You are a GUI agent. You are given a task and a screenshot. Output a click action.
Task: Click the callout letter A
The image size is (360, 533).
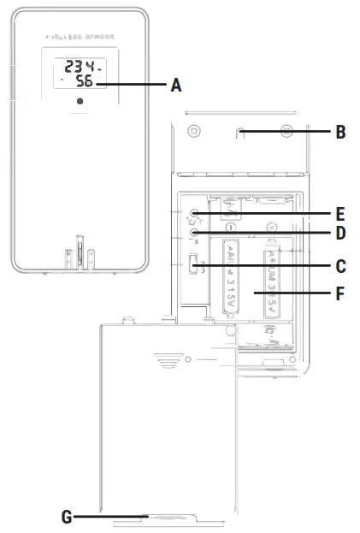point(176,85)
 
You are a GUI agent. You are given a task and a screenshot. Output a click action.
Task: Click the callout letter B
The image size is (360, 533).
point(340,133)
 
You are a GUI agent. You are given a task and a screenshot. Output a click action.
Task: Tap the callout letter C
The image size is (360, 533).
point(340,266)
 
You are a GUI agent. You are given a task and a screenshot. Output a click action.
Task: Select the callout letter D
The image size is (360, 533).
point(340,233)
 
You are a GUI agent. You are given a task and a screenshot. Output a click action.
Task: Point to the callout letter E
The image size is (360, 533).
point(340,211)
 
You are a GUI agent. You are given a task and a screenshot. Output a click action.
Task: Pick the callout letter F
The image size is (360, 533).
point(340,293)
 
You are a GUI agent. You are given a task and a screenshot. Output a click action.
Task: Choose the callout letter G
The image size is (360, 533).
point(66,517)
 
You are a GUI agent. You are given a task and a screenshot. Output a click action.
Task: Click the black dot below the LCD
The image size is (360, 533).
point(79,102)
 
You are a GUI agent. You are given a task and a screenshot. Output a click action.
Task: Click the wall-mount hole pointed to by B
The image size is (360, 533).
point(242,133)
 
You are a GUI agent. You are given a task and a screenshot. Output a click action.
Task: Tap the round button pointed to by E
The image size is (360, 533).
point(196,212)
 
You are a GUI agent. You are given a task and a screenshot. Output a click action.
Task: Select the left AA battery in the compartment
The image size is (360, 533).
point(229,278)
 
